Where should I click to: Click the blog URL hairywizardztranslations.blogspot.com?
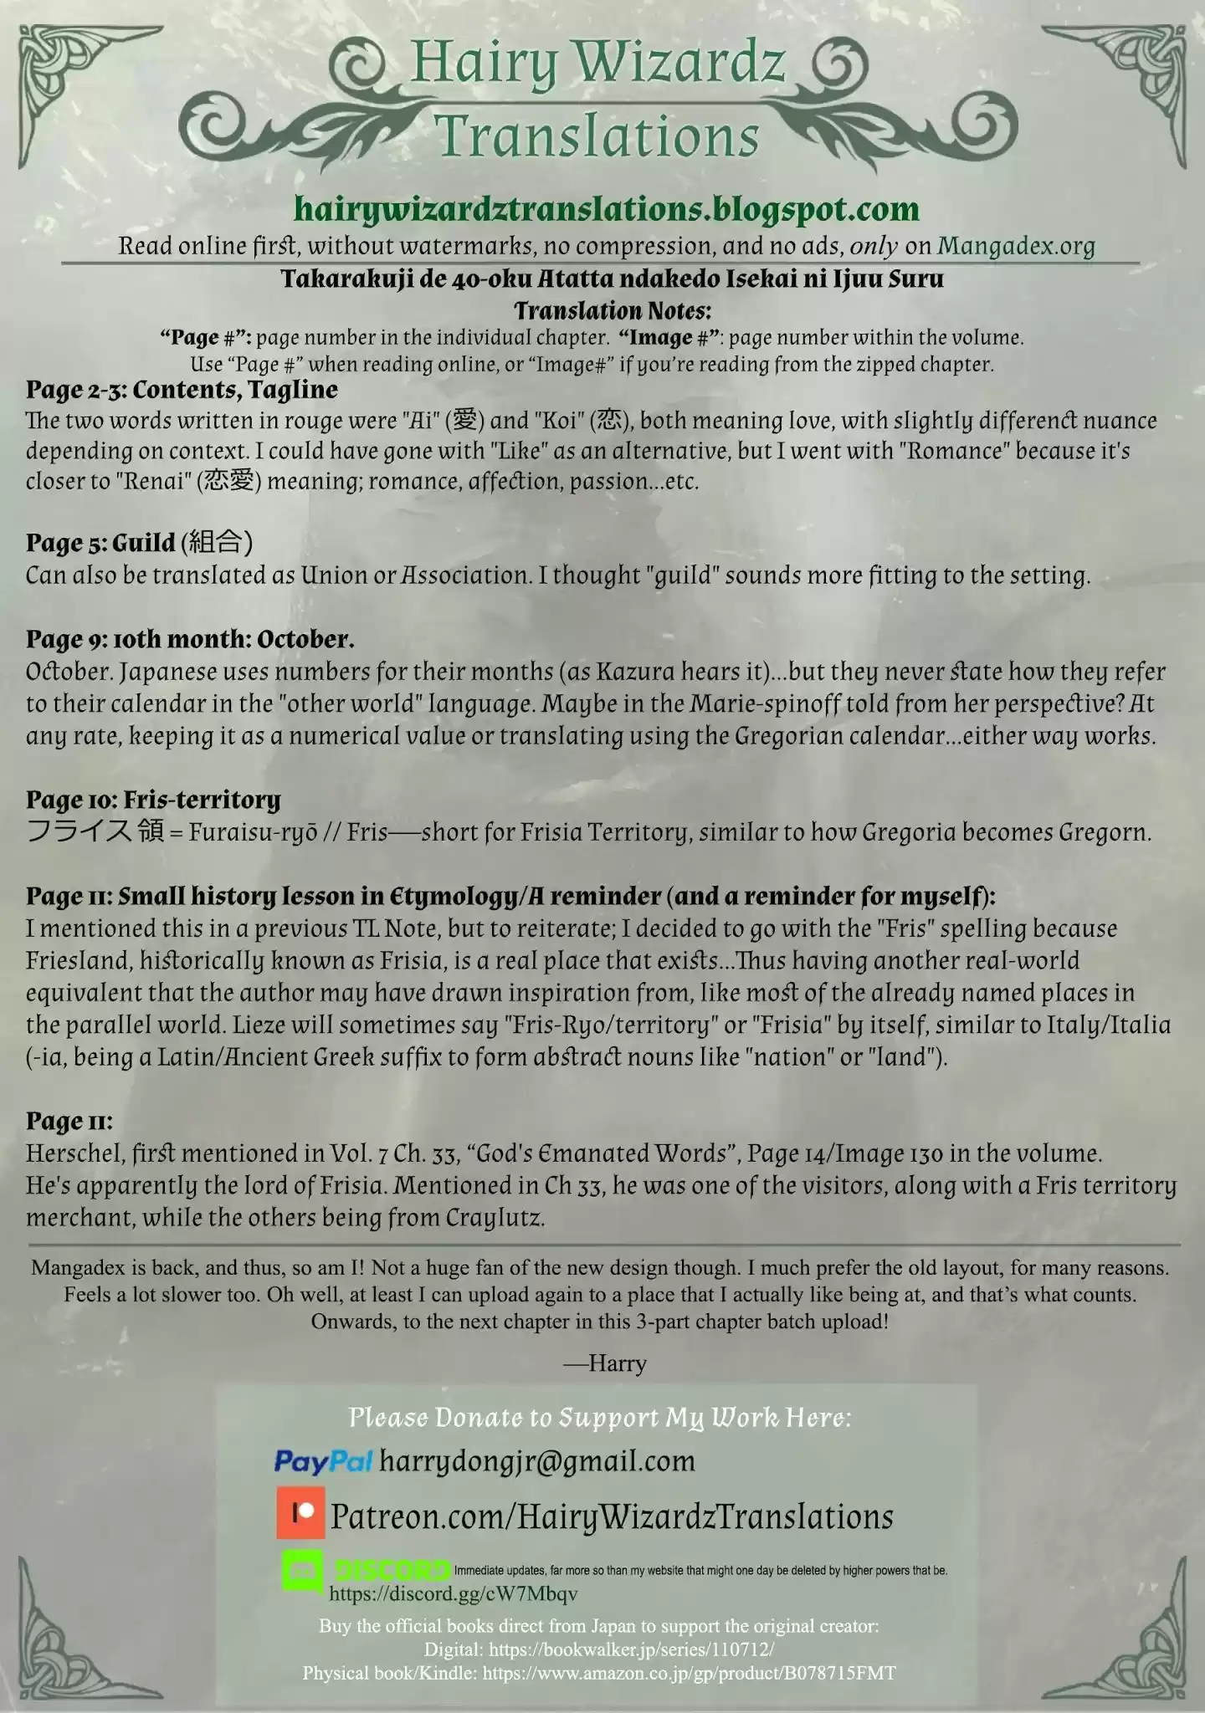point(607,209)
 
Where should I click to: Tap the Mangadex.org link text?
point(1016,246)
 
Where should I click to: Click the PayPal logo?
point(323,1461)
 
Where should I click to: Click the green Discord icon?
point(303,1571)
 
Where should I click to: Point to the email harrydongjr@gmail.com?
point(537,1461)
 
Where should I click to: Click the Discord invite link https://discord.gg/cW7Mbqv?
point(453,1593)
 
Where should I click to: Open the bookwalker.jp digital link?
point(631,1649)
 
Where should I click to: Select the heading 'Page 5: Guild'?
point(100,543)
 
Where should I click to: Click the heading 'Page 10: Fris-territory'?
point(153,800)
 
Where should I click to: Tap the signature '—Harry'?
point(605,1363)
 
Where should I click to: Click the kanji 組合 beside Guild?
point(216,543)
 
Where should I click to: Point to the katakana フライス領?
point(95,832)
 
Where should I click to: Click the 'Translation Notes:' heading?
point(613,311)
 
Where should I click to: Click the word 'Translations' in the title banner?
point(597,136)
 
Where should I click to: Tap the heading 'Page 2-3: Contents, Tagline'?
point(182,390)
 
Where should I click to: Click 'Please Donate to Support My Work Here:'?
point(599,1417)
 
